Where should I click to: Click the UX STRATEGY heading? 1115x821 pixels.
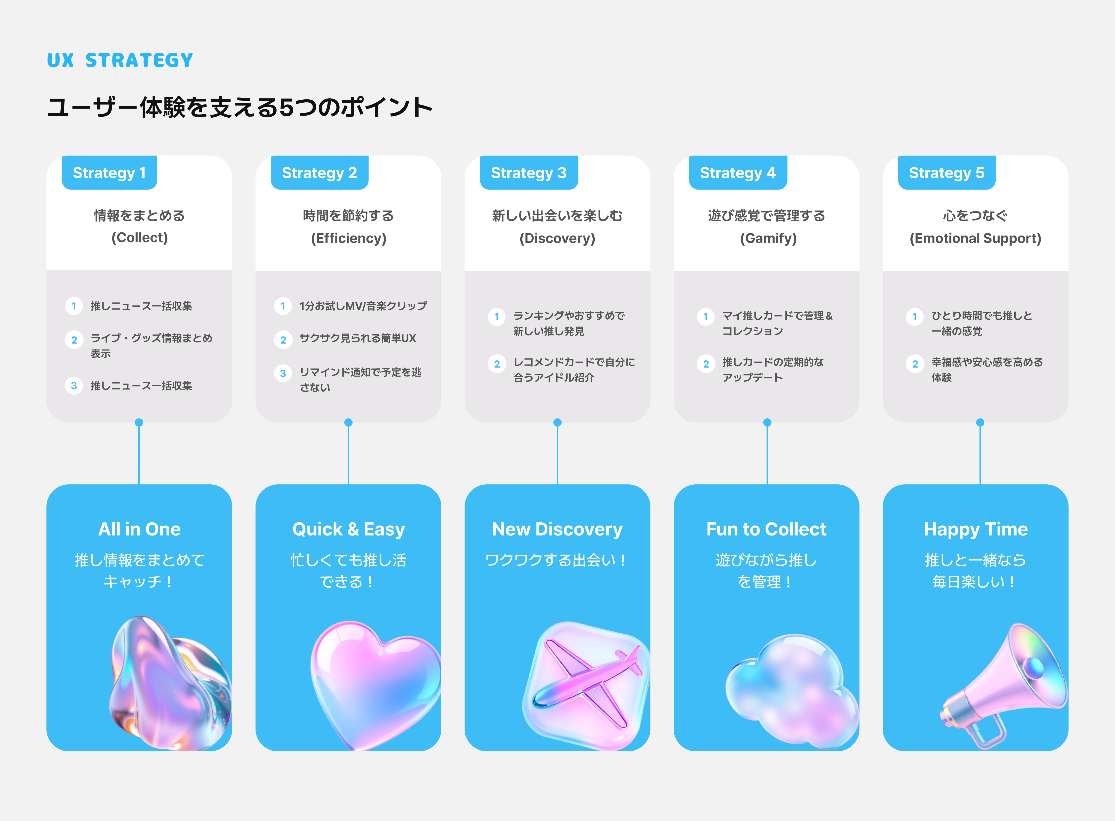coord(120,60)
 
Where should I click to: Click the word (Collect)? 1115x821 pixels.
coord(139,238)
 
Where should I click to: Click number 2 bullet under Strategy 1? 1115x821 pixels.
coord(74,340)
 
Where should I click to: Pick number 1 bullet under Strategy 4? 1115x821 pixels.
coord(705,316)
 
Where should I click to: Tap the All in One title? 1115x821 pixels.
coord(139,529)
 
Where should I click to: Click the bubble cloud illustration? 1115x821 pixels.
coord(791,691)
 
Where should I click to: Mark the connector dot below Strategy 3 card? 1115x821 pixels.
coord(557,422)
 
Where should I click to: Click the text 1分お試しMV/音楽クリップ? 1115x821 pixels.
coord(363,306)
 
